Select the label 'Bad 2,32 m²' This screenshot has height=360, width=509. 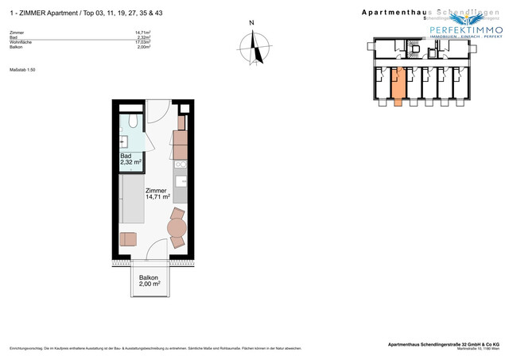coord(130,160)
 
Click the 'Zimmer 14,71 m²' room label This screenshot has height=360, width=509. coord(157,194)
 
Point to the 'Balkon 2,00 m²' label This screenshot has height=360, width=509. coord(150,280)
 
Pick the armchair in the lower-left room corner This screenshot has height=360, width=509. coord(127,238)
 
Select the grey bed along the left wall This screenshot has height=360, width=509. coord(132,198)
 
